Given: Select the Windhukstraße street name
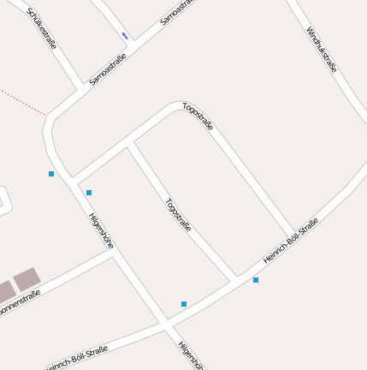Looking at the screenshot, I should [x=323, y=50].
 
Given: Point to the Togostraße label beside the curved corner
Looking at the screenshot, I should [x=198, y=116].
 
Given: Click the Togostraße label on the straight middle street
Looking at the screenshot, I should [x=178, y=215].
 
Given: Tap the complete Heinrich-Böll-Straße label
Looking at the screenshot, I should [x=291, y=241].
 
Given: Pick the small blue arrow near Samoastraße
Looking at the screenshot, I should [x=125, y=36].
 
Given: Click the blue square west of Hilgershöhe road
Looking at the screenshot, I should [x=51, y=174].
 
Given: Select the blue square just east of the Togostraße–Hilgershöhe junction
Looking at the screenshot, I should [x=89, y=193].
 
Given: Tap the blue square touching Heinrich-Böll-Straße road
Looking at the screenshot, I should [x=255, y=280].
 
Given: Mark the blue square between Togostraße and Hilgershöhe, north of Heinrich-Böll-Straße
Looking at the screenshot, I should [x=184, y=304].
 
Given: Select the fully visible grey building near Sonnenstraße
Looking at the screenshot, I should [x=27, y=279].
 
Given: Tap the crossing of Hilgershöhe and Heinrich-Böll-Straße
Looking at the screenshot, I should [x=166, y=325].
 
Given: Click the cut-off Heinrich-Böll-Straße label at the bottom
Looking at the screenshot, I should [x=77, y=358].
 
